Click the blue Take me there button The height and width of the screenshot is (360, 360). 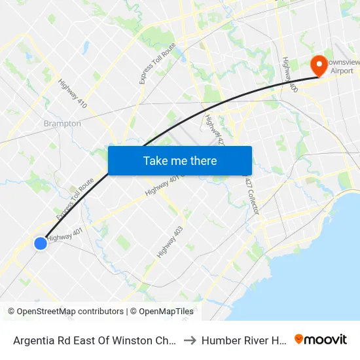pos(180,160)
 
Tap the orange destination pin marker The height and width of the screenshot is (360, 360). pos(319,65)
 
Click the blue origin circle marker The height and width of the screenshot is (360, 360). pos(41,243)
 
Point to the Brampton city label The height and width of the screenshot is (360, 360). pos(62,123)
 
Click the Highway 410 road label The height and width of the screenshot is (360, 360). pos(73,94)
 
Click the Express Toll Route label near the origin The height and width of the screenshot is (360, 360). pos(74,200)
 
